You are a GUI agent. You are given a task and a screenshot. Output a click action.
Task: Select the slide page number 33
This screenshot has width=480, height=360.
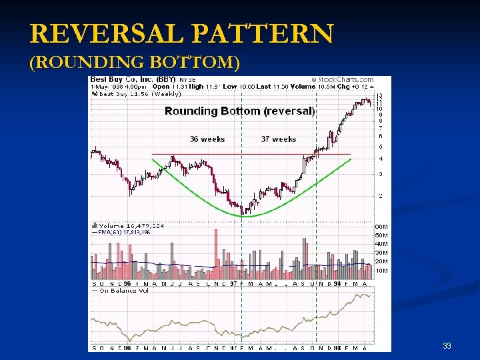click(x=447, y=346)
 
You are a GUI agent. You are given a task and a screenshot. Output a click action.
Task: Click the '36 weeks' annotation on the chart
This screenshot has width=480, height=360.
click(x=207, y=139)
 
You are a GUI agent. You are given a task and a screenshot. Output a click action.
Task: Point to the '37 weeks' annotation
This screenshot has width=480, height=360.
click(x=279, y=139)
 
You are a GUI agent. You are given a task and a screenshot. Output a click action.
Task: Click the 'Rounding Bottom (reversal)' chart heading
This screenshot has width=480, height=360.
click(x=239, y=111)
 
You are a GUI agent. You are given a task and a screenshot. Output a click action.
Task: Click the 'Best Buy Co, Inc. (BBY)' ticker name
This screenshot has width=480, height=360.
click(x=134, y=80)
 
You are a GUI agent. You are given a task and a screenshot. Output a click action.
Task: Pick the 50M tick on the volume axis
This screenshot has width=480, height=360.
click(x=381, y=235)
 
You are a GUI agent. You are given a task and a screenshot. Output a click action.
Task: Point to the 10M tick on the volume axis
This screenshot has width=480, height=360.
click(x=381, y=271)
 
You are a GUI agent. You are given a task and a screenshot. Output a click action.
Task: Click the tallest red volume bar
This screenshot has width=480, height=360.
click(x=216, y=255)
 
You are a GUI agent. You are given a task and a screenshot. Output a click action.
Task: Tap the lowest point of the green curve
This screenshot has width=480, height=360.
click(x=247, y=215)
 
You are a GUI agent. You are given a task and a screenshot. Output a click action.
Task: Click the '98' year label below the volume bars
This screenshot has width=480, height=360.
click(x=337, y=283)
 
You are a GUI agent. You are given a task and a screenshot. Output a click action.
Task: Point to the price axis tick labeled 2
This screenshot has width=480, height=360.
click(x=380, y=196)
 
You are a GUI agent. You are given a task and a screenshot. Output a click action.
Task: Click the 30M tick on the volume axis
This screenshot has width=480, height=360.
click(x=381, y=253)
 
